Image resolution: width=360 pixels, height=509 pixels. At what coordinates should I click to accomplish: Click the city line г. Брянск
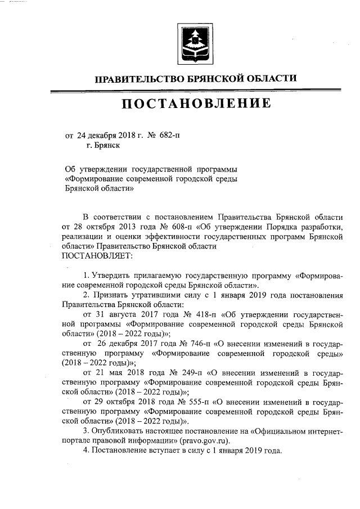[103, 145]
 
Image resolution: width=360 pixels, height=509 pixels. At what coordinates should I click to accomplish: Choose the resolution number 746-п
[187, 343]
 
